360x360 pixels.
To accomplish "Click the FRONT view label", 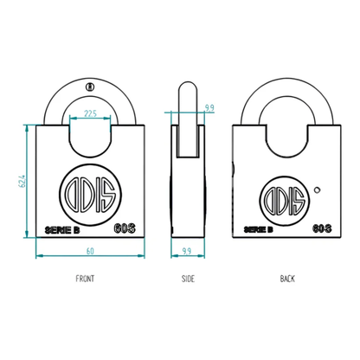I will (x=85, y=278).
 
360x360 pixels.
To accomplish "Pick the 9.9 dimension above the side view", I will (x=209, y=107).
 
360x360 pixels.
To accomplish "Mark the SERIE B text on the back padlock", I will (x=258, y=229).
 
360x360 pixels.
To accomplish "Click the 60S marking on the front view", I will (x=123, y=228).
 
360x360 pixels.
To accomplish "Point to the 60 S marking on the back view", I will (x=319, y=229).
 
